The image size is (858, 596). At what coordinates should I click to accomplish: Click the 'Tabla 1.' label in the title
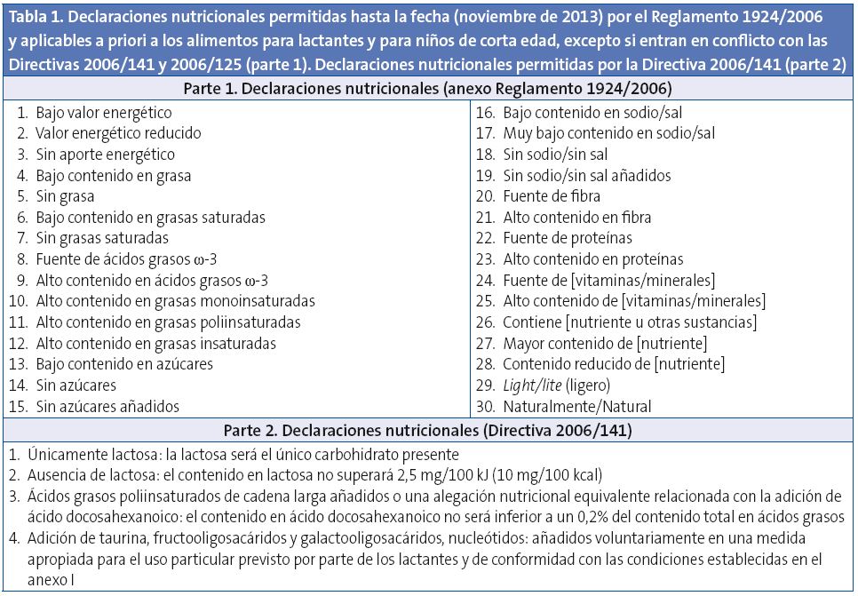tap(36, 17)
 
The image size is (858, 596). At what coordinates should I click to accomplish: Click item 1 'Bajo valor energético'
tap(103, 113)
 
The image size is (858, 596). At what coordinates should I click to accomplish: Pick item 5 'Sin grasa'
tap(65, 196)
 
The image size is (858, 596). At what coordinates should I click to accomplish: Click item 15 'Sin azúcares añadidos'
tap(107, 407)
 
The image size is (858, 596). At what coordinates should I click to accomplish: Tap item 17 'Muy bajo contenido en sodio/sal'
tap(608, 133)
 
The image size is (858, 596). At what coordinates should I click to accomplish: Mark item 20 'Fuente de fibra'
tap(551, 196)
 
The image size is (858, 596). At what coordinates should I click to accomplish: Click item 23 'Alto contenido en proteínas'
tap(592, 259)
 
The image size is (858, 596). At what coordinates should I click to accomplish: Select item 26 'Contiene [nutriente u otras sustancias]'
tap(629, 322)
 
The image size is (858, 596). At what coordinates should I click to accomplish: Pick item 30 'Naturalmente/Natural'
tap(576, 407)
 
